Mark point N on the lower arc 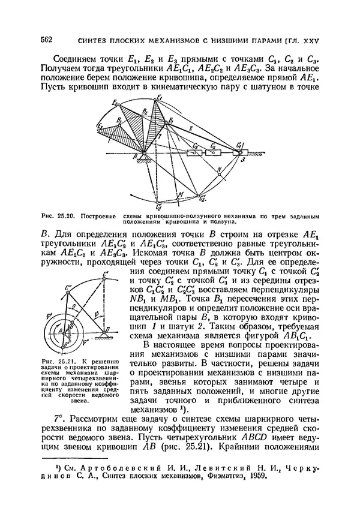pyautogui.click(x=220, y=170)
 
